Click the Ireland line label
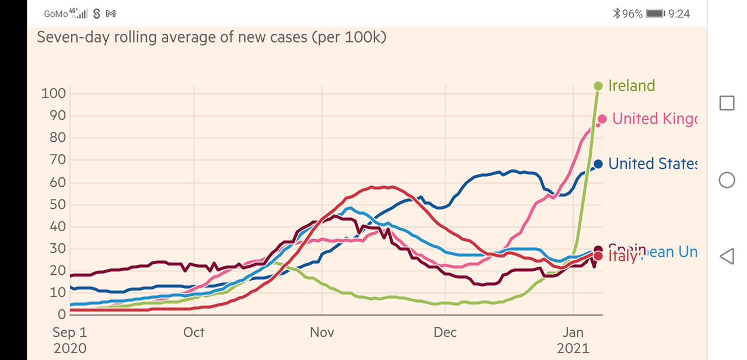click(631, 86)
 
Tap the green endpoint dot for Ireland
click(598, 86)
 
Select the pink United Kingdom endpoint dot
click(602, 119)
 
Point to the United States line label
click(652, 164)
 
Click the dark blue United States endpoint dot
click(598, 164)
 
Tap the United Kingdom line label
click(654, 119)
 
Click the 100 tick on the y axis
click(53, 93)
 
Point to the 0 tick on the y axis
click(61, 314)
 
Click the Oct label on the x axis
click(194, 333)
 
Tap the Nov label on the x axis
click(322, 333)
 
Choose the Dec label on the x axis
click(445, 333)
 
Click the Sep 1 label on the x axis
click(70, 333)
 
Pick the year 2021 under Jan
click(573, 349)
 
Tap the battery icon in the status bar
click(655, 13)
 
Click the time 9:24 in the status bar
click(679, 13)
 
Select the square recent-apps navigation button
click(727, 103)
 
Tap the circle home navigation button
click(727, 180)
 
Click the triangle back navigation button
click(727, 256)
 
